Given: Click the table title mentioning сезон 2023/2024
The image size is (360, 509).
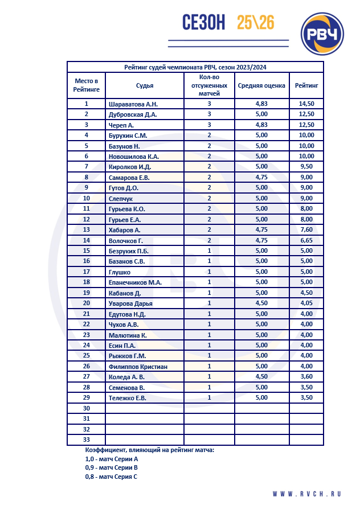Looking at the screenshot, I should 195,67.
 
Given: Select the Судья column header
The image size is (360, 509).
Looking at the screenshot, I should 145,85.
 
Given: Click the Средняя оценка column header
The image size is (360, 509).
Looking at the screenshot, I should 261,85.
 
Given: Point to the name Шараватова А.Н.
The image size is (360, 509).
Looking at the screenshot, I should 133,104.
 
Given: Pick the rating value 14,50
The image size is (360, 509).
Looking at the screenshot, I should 306,104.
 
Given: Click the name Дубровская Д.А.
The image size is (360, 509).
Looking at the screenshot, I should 133,114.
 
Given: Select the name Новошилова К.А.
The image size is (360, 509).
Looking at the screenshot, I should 133,157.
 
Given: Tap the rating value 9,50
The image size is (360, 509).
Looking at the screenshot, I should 306,167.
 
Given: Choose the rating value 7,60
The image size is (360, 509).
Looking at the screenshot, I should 306,230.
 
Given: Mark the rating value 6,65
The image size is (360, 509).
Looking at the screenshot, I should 306,240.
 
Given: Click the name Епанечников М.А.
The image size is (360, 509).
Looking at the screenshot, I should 135,282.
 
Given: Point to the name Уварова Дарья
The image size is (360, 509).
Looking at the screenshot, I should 130,303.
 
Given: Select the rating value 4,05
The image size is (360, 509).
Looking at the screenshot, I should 306,303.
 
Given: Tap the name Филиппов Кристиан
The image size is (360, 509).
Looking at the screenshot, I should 138,367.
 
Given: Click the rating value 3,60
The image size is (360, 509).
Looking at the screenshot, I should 306,377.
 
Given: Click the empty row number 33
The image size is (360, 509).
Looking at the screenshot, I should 87,440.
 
